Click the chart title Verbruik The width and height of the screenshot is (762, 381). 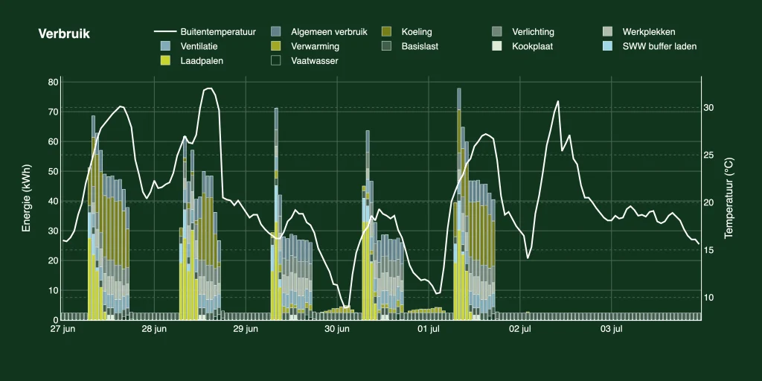[64, 34]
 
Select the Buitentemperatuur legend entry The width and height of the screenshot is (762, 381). [205, 32]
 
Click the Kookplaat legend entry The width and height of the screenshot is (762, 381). [523, 46]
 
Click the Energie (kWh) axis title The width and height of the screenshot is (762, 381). [26, 196]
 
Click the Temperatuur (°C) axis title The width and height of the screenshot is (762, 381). [729, 197]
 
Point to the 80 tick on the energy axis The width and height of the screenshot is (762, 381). [53, 82]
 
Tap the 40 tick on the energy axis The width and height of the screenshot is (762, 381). [53, 201]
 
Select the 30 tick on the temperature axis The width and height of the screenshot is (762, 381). [708, 108]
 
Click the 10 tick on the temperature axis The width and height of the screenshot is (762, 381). [708, 298]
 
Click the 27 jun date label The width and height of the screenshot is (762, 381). [63, 329]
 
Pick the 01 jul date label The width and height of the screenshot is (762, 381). [429, 329]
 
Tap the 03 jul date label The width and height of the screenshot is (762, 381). [612, 329]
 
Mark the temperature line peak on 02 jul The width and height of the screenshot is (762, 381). [557, 101]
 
